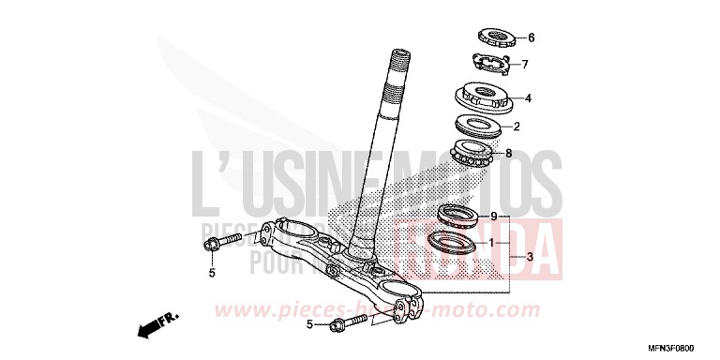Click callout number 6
click(531, 38)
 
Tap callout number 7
click(525, 65)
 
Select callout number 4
click(528, 97)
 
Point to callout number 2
click(516, 125)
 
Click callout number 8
click(509, 153)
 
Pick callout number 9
click(493, 215)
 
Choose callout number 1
click(490, 242)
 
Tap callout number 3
click(530, 256)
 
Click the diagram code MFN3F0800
click(683, 345)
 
